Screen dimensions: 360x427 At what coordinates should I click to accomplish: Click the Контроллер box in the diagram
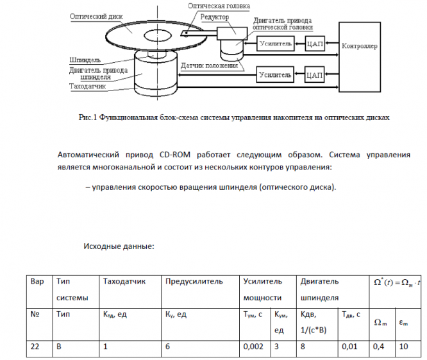point(360,47)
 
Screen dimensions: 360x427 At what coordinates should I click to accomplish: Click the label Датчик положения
point(209,65)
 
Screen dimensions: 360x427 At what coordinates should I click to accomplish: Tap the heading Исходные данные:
point(119,246)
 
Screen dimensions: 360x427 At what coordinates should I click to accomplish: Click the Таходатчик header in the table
point(124,281)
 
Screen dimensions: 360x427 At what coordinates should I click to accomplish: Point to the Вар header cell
point(37,281)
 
